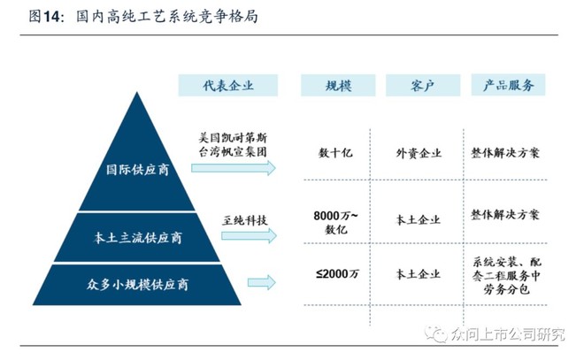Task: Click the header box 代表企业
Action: point(228,85)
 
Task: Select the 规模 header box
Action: point(338,85)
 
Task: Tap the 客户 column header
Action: point(423,85)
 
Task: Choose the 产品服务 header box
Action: point(509,85)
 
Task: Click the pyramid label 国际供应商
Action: point(137,170)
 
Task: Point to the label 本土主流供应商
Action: point(137,238)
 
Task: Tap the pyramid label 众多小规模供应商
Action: point(137,285)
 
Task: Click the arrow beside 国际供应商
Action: point(234,168)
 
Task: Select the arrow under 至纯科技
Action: point(250,235)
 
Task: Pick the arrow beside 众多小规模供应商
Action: point(262,282)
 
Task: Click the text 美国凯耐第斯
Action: point(233,138)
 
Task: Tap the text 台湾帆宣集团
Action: point(233,152)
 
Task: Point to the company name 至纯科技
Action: point(245,220)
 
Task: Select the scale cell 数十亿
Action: point(335,153)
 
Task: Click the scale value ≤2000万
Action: point(337,274)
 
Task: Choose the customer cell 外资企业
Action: point(419,153)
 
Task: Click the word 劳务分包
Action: point(506,289)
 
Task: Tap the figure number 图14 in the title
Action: point(44,17)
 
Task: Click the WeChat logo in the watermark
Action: point(436,334)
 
